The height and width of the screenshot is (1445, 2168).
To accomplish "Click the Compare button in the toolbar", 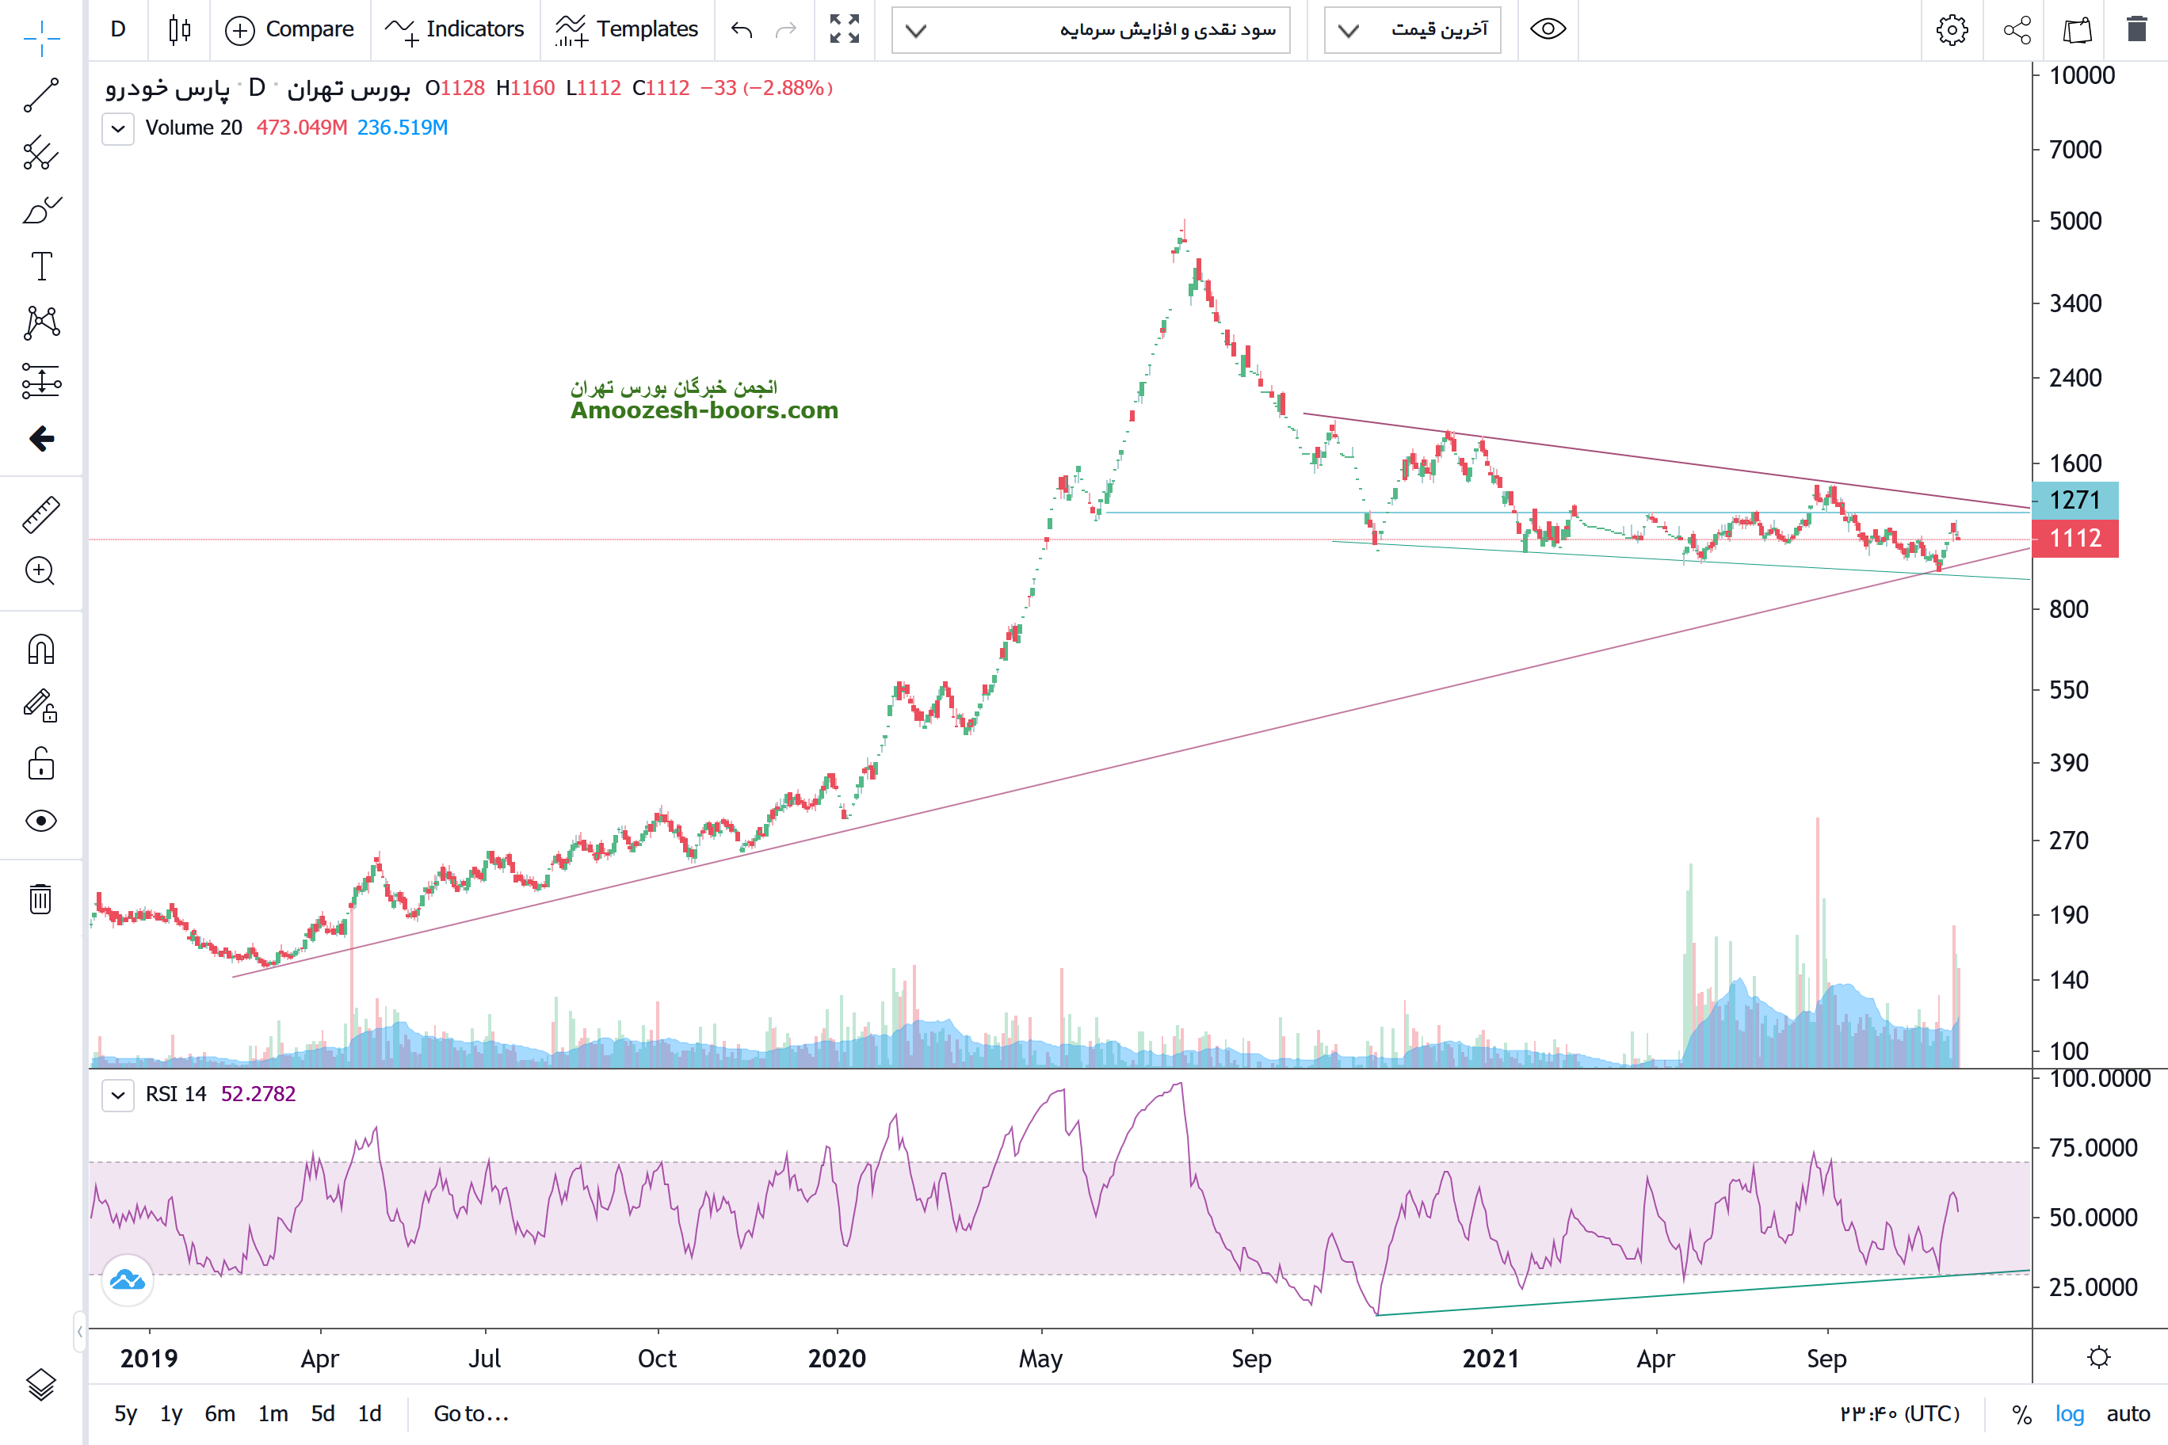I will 289,29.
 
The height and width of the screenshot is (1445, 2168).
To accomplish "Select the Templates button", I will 627,29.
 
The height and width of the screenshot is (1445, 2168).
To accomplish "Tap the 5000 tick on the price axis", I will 2075,221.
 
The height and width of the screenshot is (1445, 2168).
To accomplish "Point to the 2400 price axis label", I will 2075,378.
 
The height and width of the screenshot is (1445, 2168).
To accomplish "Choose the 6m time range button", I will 219,1413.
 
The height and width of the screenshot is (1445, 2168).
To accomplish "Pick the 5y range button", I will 125,1413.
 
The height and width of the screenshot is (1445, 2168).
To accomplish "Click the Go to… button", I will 470,1413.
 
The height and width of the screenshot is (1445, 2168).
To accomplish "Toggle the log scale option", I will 2070,1413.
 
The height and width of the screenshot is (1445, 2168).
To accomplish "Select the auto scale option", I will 2128,1413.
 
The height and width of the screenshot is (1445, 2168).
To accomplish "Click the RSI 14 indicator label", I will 176,1094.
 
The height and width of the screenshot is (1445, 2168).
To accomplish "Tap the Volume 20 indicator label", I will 193,128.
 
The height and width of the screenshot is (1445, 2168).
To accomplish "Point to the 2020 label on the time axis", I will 837,1359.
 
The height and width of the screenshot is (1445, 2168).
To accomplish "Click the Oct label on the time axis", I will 657,1359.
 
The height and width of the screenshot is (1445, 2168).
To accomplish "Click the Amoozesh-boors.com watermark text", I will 704,410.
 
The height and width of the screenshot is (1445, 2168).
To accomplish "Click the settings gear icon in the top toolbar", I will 1952,29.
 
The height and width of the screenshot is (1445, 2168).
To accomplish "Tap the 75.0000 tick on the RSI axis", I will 2093,1148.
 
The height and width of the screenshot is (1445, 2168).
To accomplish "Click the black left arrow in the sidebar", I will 41,439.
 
